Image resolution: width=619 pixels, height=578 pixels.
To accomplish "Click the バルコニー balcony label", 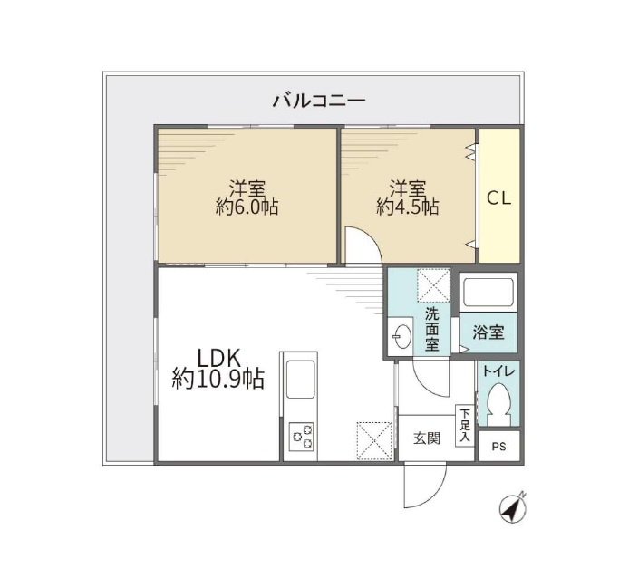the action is [319, 101].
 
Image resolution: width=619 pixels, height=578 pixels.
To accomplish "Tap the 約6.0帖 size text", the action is [247, 207].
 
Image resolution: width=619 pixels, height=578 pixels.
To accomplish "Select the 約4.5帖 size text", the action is [408, 207].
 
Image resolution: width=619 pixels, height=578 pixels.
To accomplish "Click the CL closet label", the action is [499, 198].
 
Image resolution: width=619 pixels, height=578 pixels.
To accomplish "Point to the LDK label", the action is [218, 358].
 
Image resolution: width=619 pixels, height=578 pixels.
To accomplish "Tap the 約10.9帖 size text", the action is [218, 380].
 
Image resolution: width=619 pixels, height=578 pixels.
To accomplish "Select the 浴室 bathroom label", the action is [488, 332].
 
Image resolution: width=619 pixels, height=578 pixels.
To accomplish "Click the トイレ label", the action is [498, 371].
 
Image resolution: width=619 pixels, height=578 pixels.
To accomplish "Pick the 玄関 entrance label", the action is [427, 438].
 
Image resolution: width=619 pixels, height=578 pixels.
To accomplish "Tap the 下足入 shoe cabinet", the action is [465, 426].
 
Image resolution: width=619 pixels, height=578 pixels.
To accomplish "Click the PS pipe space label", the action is [499, 447].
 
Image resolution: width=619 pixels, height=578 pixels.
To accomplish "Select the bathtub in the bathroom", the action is [488, 293].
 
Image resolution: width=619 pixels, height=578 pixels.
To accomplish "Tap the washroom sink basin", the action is [401, 337].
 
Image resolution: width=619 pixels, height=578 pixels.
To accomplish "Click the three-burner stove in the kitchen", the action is [302, 437].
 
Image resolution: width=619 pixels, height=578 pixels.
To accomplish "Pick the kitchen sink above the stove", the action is [300, 379].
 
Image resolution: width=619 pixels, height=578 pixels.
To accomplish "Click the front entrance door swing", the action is [425, 485].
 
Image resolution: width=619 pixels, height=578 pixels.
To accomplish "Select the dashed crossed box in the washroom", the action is [433, 285].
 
